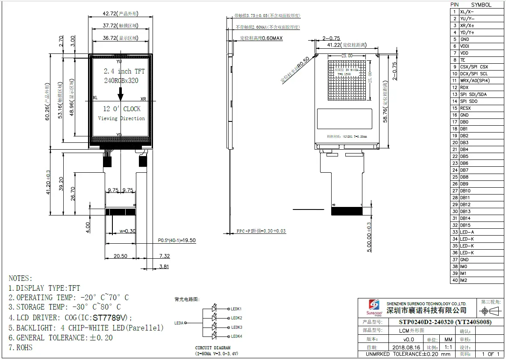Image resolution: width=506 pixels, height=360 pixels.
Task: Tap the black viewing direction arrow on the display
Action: tap(121, 92)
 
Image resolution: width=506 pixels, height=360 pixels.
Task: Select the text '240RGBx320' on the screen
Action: tap(121, 80)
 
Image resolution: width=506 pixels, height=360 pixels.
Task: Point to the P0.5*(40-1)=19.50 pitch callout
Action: tap(177, 240)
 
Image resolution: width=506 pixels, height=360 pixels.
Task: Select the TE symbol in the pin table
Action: tap(462, 60)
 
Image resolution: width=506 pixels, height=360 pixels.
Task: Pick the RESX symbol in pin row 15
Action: tap(465, 108)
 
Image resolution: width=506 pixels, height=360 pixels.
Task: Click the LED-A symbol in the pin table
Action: tap(466, 232)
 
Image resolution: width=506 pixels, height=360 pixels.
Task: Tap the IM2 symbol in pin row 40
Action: tap(463, 280)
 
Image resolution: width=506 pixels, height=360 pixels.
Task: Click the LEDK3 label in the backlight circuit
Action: tap(236, 327)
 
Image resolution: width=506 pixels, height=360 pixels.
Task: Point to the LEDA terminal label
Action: tap(179, 323)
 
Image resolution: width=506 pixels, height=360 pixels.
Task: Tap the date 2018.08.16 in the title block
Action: tap(406, 347)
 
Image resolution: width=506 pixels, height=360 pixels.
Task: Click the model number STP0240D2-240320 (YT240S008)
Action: tap(445, 322)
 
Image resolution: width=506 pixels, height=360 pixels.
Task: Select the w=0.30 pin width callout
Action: tap(127, 231)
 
